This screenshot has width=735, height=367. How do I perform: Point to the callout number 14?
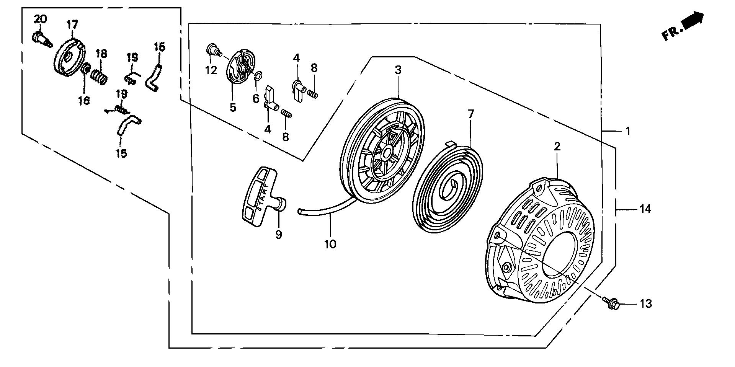coord(645,209)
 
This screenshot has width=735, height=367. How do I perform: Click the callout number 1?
coord(627,132)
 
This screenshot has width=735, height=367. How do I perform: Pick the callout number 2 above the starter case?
coord(557,146)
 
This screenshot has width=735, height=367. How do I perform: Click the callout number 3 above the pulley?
coord(398,70)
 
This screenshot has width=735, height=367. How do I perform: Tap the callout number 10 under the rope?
coord(330,244)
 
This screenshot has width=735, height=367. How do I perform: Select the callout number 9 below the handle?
coord(279,234)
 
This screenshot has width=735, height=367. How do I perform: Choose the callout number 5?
coord(233,108)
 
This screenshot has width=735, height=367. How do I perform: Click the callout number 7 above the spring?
coord(470,114)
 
